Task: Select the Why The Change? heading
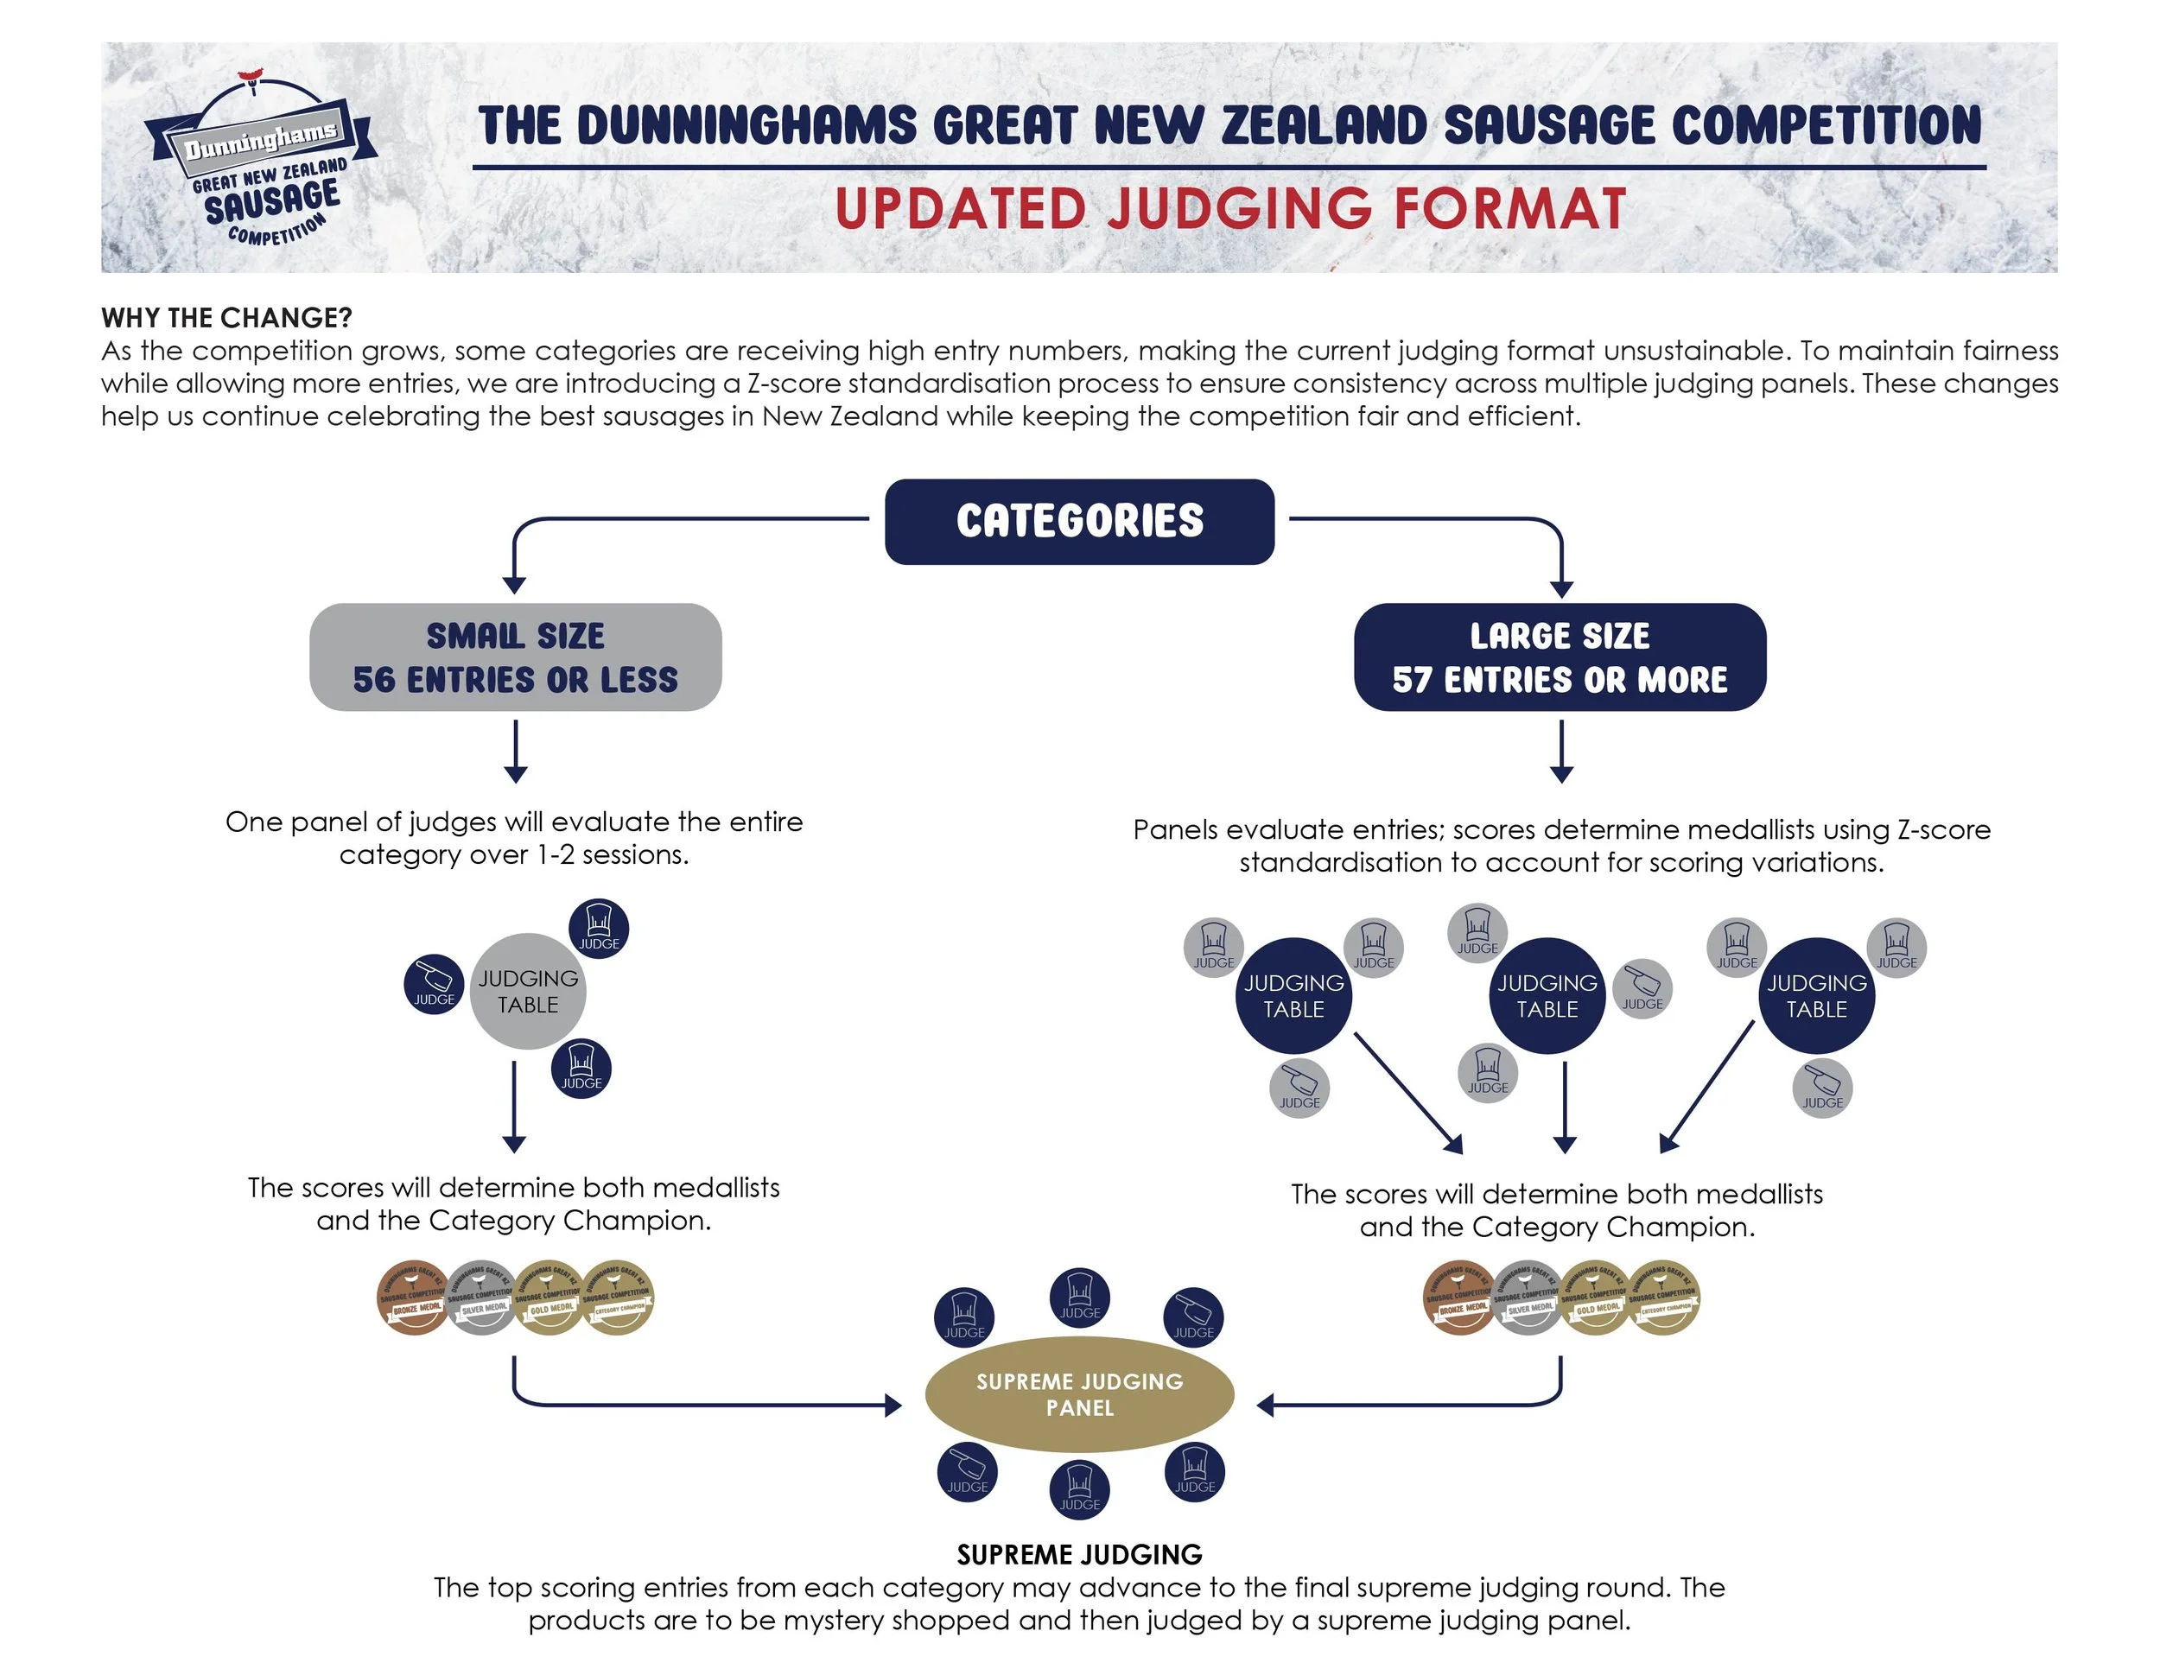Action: click(226, 317)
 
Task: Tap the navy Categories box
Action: click(1079, 521)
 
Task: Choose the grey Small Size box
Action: click(515, 657)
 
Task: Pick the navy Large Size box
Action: click(1560, 657)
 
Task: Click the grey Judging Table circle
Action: click(528, 991)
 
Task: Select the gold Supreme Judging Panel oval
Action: click(1079, 1393)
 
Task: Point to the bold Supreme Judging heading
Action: click(1079, 1554)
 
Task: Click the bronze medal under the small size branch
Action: click(413, 1298)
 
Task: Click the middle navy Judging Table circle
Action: click(1547, 996)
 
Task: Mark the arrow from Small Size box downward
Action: click(515, 752)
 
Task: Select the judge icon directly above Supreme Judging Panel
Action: click(1079, 1298)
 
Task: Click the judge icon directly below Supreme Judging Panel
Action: click(1079, 1489)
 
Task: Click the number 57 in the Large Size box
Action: click(1413, 680)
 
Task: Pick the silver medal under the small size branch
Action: click(483, 1298)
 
